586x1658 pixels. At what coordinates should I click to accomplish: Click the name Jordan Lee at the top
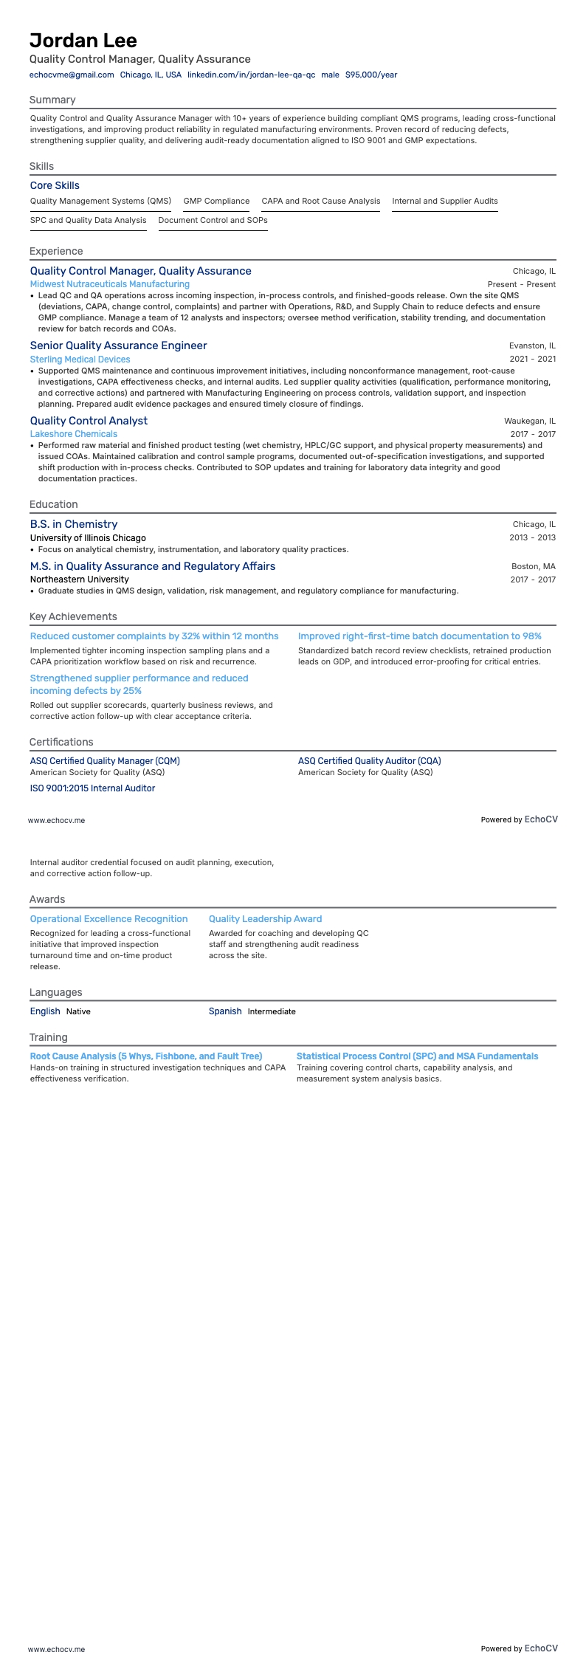click(x=83, y=40)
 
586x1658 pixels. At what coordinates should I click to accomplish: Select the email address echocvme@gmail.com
click(x=72, y=75)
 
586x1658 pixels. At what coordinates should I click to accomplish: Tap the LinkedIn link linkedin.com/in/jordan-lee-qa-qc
click(x=251, y=75)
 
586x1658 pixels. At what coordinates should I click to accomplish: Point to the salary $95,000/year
click(x=371, y=75)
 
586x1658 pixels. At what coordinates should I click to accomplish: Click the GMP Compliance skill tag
click(x=216, y=201)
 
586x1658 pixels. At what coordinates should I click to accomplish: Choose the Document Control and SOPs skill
click(x=213, y=220)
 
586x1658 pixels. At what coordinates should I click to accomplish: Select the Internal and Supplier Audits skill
click(x=444, y=201)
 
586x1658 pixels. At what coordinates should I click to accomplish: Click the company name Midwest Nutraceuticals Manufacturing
click(x=109, y=284)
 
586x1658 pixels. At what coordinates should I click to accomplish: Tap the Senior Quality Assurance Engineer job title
click(x=118, y=345)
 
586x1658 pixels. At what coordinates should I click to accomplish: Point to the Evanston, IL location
click(x=532, y=345)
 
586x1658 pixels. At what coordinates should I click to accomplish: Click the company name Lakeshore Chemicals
click(x=73, y=434)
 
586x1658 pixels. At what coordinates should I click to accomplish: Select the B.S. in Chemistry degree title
click(x=73, y=524)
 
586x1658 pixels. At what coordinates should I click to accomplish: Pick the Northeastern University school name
click(x=79, y=579)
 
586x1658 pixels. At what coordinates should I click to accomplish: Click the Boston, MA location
click(x=533, y=566)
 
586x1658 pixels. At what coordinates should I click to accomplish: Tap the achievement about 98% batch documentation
click(x=419, y=636)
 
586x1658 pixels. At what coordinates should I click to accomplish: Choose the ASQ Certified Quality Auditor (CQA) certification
click(x=369, y=761)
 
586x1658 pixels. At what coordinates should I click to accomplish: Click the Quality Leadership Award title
click(x=265, y=919)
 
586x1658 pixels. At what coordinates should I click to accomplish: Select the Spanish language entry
click(x=225, y=1011)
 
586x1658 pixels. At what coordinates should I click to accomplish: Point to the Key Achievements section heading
click(x=73, y=616)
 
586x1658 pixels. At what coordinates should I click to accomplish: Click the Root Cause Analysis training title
click(x=146, y=1056)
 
